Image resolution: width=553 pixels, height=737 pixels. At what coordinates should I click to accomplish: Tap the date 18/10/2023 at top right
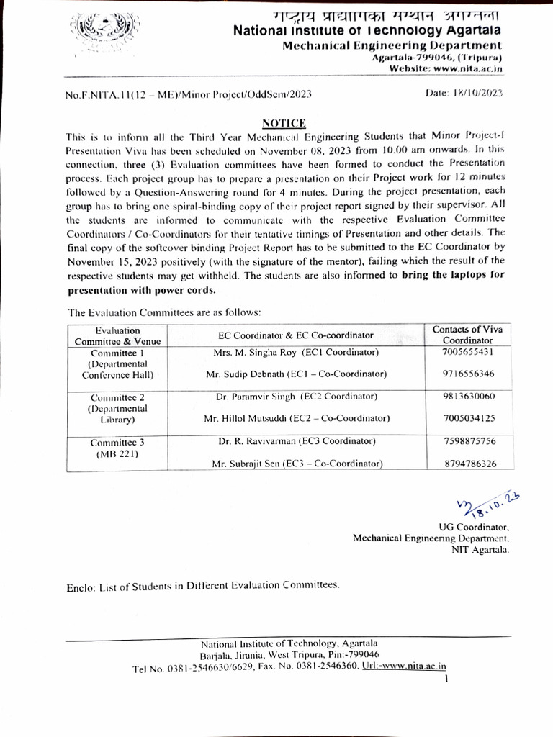[x=464, y=93]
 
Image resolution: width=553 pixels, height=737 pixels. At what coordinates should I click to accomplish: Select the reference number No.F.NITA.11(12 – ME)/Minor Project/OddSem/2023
[x=188, y=94]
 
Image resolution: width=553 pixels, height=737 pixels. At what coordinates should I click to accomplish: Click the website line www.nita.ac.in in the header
[x=445, y=68]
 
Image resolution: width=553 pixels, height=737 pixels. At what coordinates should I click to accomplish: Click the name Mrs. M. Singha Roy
[x=256, y=353]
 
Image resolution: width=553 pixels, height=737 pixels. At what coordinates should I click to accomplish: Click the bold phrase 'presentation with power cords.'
[x=142, y=291]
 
